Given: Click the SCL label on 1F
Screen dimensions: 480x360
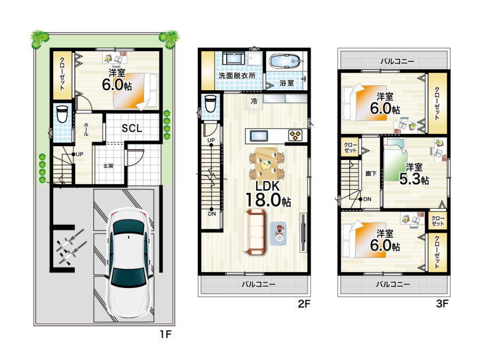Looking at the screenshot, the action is click(x=132, y=128).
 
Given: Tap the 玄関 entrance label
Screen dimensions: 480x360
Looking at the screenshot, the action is click(x=108, y=166).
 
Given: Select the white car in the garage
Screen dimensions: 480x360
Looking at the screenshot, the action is click(x=129, y=264).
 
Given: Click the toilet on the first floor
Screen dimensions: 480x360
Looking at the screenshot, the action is click(x=62, y=114).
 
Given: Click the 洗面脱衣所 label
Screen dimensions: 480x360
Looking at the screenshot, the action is click(x=237, y=76).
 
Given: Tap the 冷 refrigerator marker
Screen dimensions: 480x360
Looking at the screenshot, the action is click(x=254, y=101).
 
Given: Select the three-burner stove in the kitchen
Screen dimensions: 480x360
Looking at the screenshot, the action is click(x=295, y=135).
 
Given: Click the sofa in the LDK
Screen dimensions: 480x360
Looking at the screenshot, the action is click(x=253, y=232).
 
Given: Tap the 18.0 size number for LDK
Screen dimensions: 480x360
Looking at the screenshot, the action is click(x=263, y=200).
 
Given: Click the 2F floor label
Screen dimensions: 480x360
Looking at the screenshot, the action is click(x=305, y=303).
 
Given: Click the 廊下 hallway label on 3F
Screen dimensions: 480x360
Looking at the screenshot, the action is click(x=371, y=173).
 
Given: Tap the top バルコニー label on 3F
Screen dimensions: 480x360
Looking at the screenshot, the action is click(x=397, y=61).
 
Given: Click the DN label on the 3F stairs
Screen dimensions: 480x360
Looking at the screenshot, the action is click(x=367, y=199).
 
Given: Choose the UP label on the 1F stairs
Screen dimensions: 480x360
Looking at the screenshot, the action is click(x=79, y=154).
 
